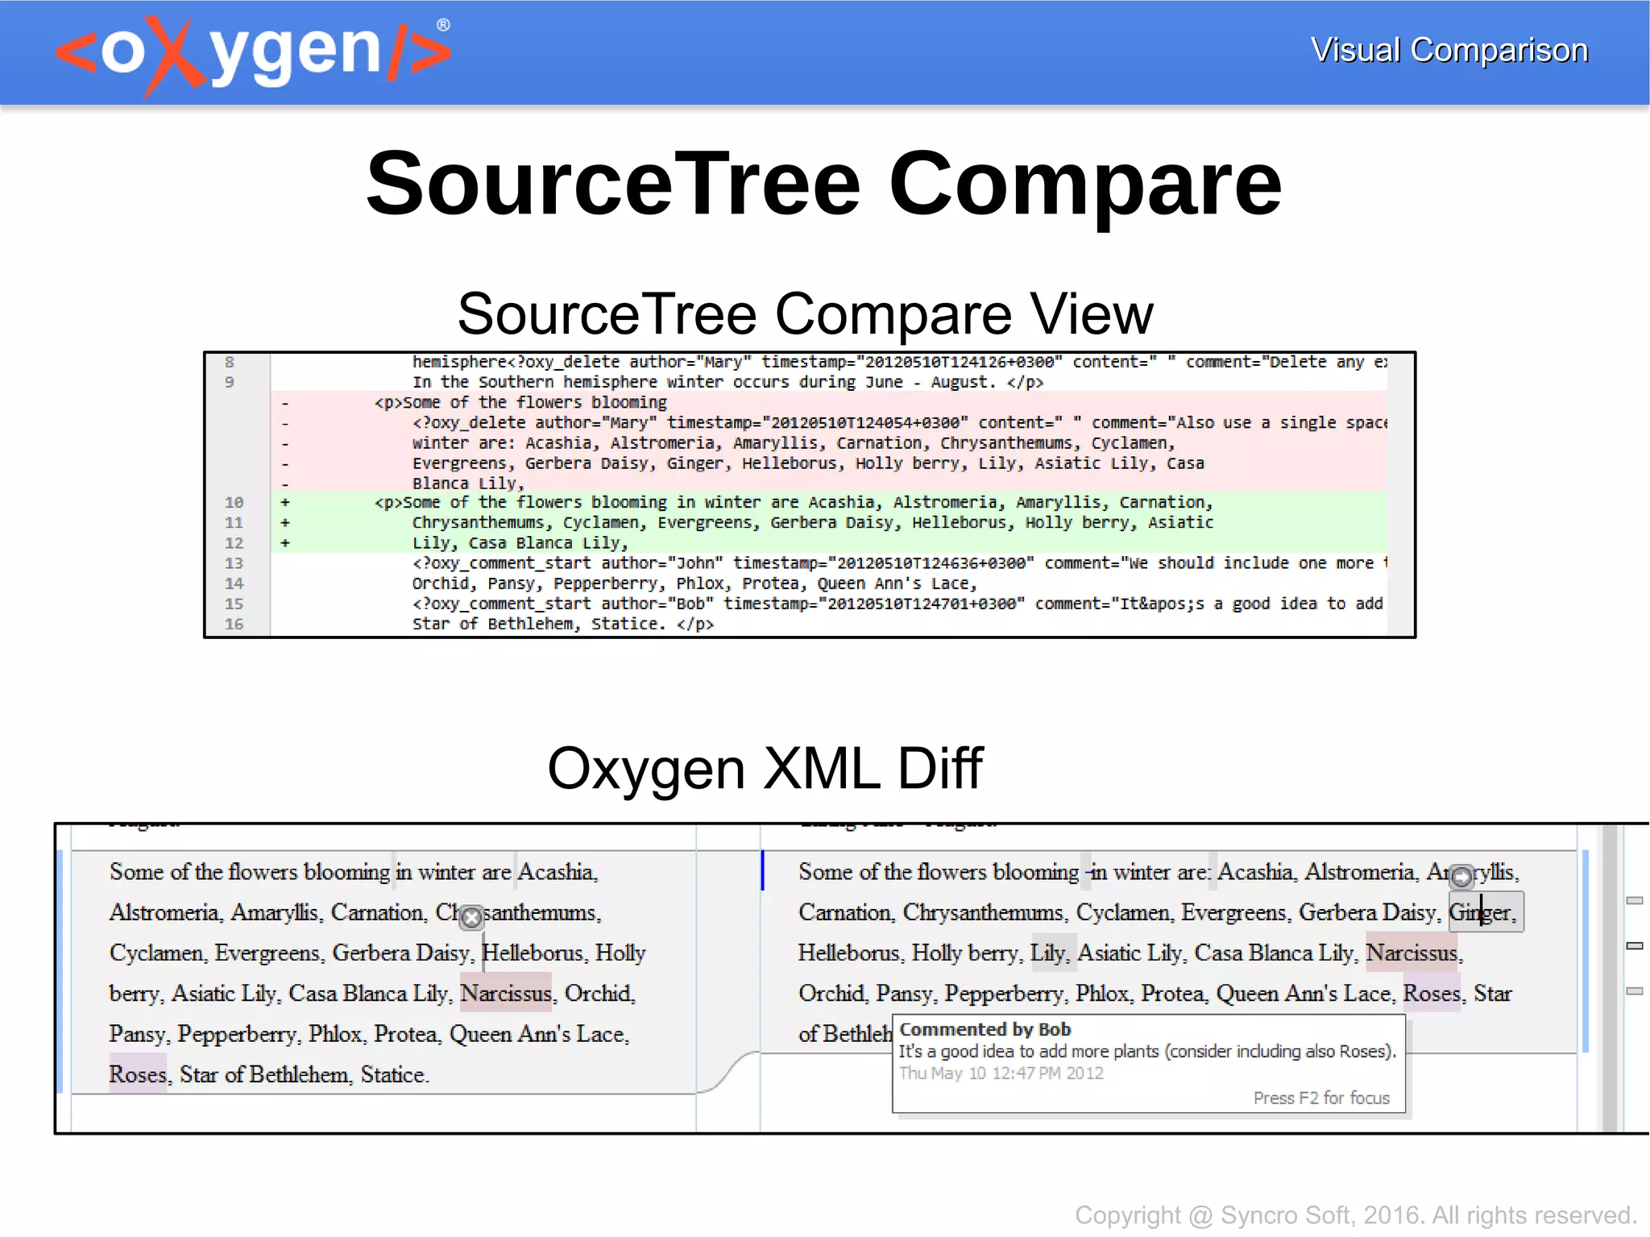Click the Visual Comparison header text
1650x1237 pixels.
point(1449,51)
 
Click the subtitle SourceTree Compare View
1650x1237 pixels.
point(805,313)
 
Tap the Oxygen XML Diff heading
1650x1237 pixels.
point(765,768)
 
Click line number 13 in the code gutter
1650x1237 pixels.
point(234,563)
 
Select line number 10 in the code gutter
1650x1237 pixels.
point(234,502)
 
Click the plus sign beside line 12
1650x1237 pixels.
point(285,543)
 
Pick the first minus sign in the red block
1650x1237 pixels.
point(285,402)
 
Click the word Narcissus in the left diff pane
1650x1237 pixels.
point(506,993)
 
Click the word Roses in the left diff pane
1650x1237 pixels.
point(138,1074)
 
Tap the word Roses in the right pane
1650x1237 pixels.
point(1432,993)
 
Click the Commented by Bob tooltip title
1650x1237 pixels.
point(985,1029)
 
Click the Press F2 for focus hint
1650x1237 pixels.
point(1321,1098)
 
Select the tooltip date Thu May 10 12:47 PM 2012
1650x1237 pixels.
point(1001,1073)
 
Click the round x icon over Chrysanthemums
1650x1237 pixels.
point(472,917)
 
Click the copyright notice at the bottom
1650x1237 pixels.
point(1355,1214)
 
